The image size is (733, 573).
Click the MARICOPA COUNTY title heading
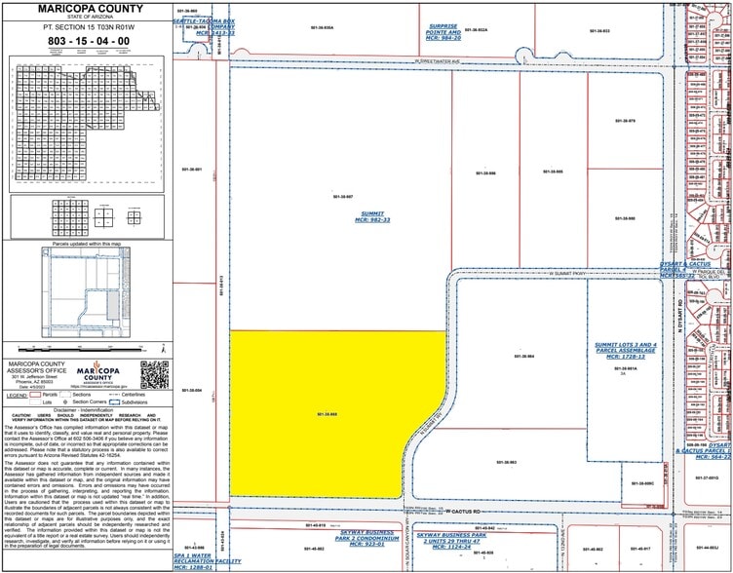click(x=87, y=9)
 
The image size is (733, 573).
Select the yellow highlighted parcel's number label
click(x=327, y=441)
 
